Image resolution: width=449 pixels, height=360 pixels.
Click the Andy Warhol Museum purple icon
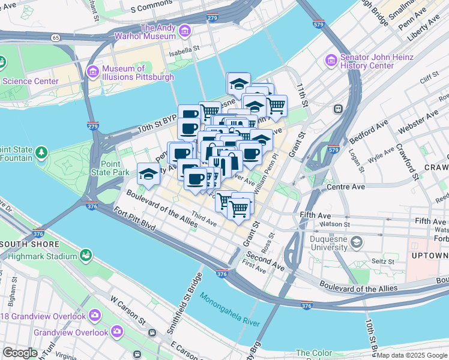pos(184,30)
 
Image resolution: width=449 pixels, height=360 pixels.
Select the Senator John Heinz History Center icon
pos(330,60)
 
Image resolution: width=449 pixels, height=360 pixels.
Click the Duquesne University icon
pos(357,242)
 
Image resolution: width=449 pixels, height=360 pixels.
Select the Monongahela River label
pos(230,310)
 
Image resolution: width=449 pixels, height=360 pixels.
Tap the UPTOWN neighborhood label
pos(430,256)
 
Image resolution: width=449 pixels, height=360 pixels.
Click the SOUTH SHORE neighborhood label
pos(30,244)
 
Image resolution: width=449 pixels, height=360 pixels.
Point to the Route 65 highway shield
pos(55,37)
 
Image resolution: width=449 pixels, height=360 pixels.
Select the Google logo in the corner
pos(20,353)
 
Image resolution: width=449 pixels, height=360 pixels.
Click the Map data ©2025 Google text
pos(412,355)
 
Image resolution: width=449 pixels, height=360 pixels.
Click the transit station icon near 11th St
pos(338,109)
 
